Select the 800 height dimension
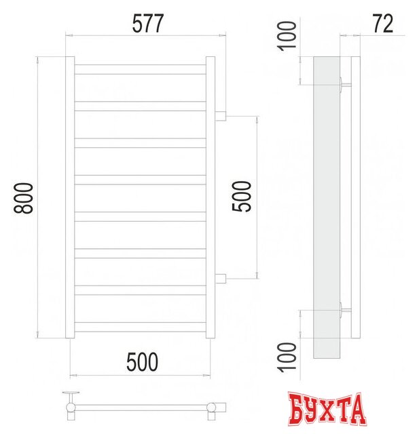(x=24, y=198)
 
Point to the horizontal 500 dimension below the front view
(x=142, y=363)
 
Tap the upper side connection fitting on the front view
(x=220, y=117)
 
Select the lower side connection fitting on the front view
(x=220, y=277)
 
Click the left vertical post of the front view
(x=69, y=197)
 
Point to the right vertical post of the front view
(x=210, y=197)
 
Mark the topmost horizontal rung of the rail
(x=139, y=69)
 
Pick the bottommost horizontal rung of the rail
(x=139, y=327)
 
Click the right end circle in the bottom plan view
(x=213, y=407)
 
